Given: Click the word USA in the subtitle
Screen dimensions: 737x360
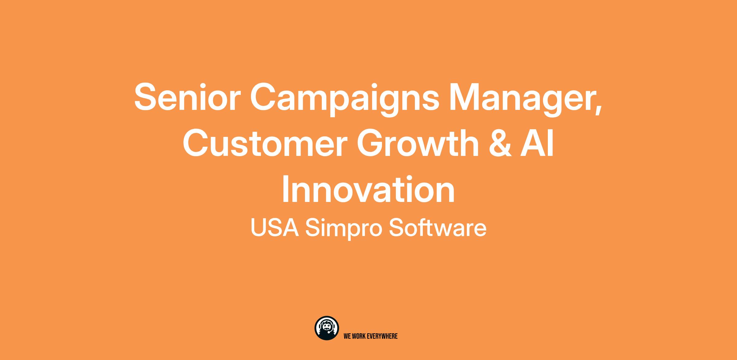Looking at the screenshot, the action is pyautogui.click(x=275, y=228).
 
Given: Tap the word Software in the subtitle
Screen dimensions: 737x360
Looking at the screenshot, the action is pyautogui.click(x=438, y=228).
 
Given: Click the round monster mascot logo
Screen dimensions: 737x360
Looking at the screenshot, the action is pyautogui.click(x=327, y=328).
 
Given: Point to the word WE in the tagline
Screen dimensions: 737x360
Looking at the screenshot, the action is pyautogui.click(x=347, y=336).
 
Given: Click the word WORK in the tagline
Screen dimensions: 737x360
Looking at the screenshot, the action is pyautogui.click(x=358, y=336).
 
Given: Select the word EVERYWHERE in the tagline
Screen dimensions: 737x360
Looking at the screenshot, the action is pyautogui.click(x=382, y=336).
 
